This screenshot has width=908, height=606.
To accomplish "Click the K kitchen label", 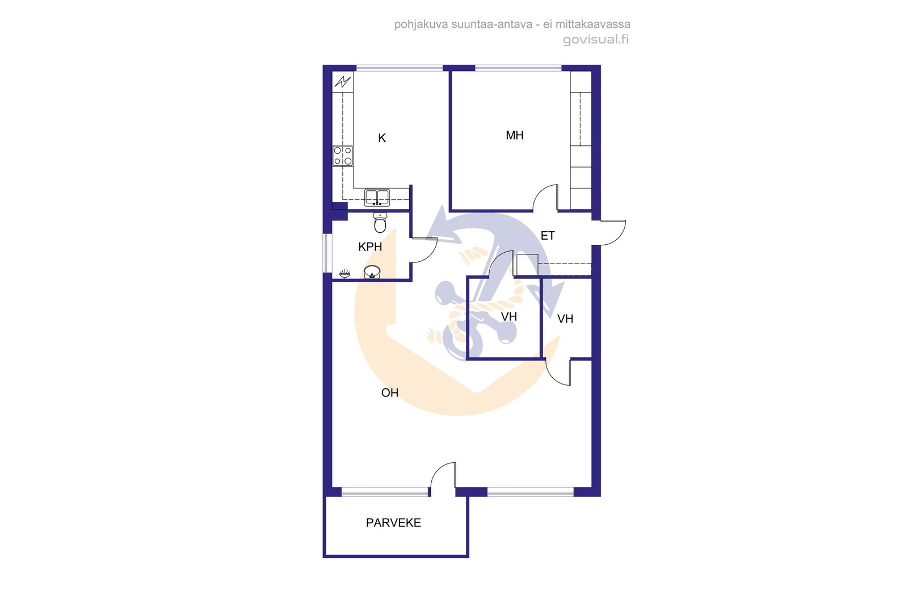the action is pos(382,139).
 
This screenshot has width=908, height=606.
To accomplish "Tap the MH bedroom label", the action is pos(514,136).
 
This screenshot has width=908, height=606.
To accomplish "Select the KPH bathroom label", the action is pos(369,246).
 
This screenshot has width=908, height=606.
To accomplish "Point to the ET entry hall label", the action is pos(547,236).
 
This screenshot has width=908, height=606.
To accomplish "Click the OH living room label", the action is pos(389,392).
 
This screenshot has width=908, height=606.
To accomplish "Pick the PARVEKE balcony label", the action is pos(393,523).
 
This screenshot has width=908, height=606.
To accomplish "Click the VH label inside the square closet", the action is pos(508,317).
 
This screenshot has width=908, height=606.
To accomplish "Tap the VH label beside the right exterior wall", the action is pos(565,319).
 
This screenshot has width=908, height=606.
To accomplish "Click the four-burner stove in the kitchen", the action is pos(343,156).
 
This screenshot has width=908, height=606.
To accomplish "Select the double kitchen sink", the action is pos(377,198).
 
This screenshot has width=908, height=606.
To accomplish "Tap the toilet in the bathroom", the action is pos(380,222).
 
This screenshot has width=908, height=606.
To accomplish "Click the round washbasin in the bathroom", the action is pos(372,272).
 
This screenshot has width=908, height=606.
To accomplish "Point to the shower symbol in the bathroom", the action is pos(344,274).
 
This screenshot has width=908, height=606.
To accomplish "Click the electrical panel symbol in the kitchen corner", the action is pos(343,82).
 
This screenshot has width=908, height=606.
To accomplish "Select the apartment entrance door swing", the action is pos(612,233).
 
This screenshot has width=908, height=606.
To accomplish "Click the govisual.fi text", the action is pos(596,39).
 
